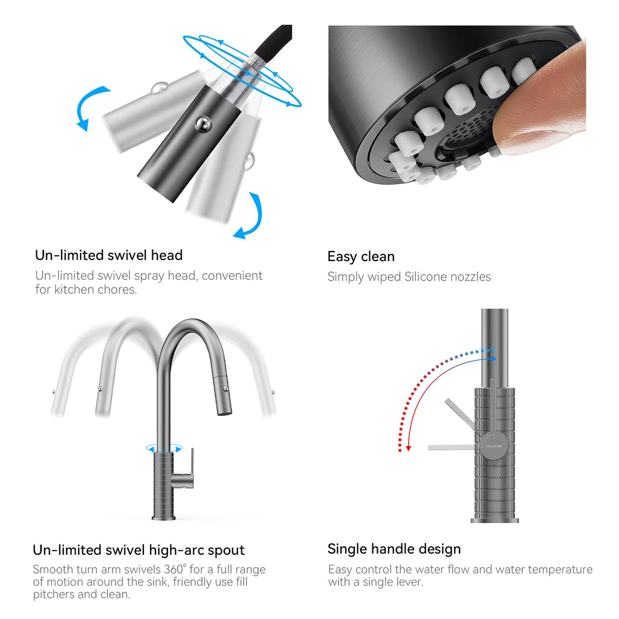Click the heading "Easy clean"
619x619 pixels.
[x=361, y=256]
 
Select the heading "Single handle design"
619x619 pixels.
[x=394, y=549]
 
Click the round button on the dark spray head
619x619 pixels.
[x=203, y=125]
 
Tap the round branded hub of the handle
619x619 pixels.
[x=494, y=446]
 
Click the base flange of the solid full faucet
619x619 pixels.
[x=164, y=517]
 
